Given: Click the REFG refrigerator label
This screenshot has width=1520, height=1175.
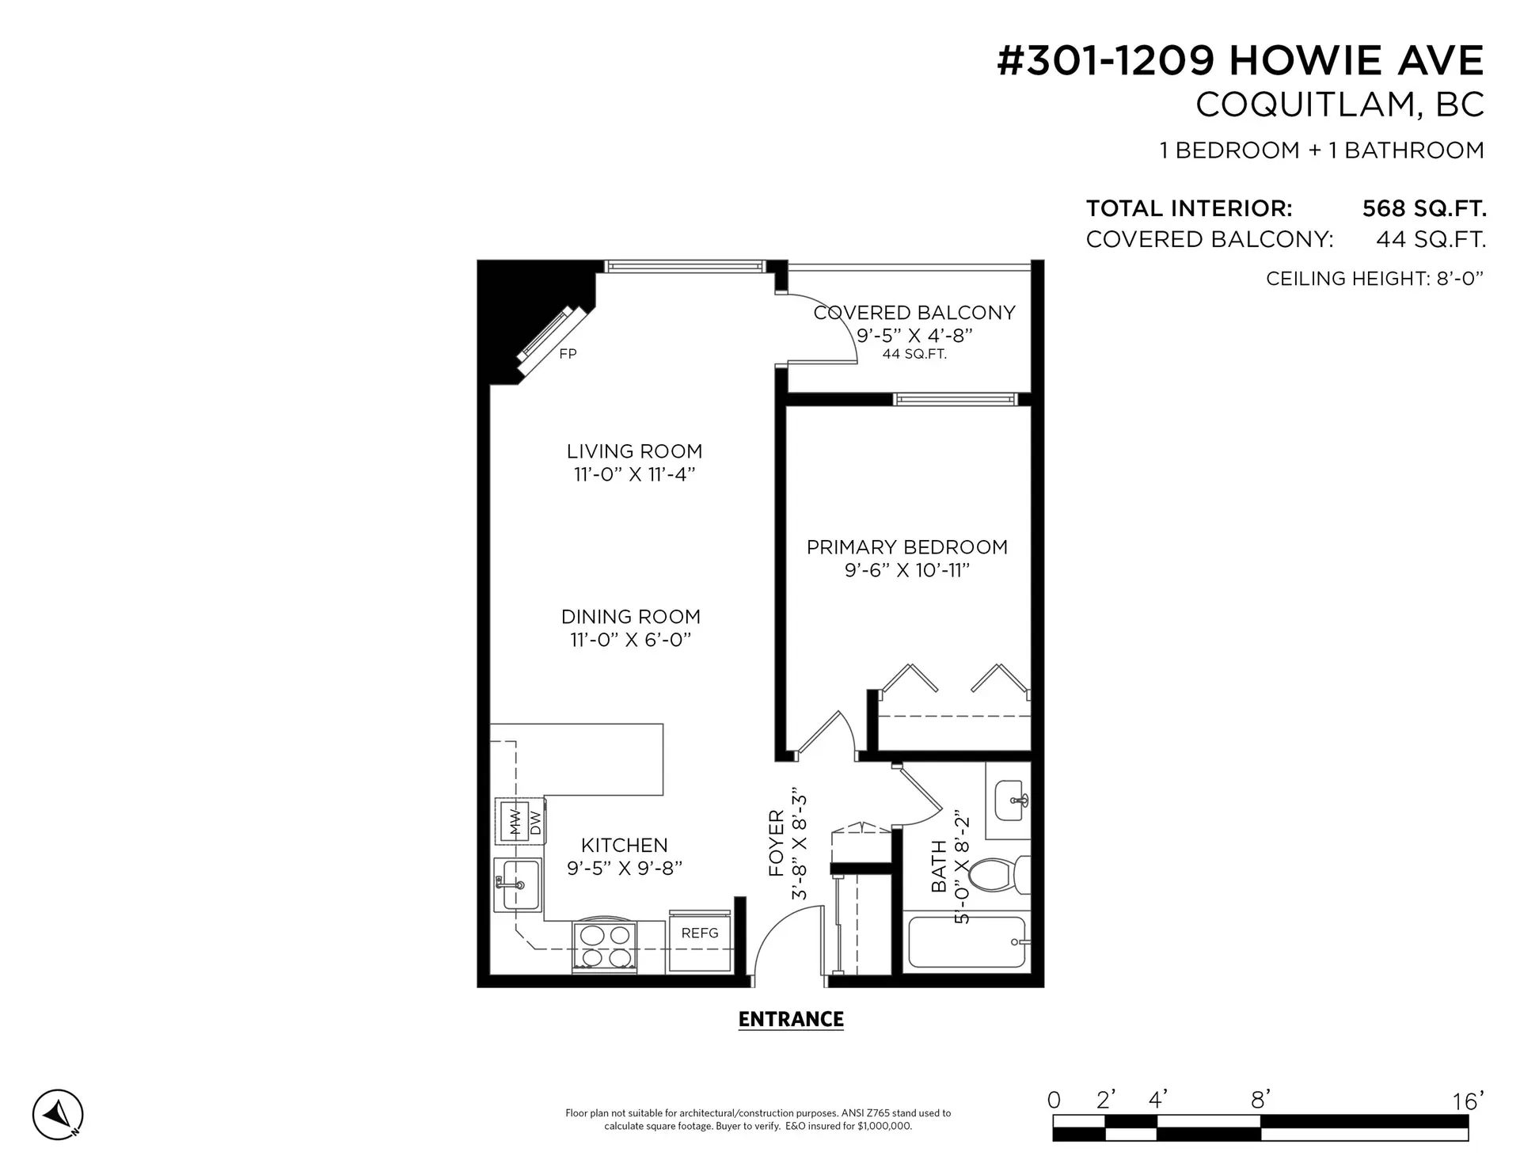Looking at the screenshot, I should tap(699, 933).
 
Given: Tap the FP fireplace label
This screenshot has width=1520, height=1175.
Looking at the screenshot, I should tap(568, 354).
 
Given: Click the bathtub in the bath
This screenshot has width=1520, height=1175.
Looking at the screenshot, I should tap(966, 942).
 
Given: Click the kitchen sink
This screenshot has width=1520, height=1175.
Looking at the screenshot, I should tap(518, 884).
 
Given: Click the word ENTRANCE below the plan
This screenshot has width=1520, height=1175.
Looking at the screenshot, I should tap(790, 1019).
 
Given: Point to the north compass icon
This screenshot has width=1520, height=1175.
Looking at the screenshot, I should tap(58, 1115).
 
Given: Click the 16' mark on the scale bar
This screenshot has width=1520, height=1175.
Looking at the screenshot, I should tap(1467, 1101).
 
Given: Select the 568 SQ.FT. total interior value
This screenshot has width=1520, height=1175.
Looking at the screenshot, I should tap(1423, 208).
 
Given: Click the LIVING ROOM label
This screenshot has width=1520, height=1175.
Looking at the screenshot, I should tap(634, 451).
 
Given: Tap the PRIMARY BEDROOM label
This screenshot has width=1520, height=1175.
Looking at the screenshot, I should tap(906, 547).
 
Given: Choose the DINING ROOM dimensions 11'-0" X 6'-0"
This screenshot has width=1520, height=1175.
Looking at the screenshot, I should tap(631, 640).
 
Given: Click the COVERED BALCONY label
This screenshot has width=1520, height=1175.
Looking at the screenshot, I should tap(914, 313).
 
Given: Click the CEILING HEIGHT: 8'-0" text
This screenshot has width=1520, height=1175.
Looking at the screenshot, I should tap(1374, 279).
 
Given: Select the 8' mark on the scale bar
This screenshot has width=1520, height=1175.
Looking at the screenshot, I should tap(1260, 1099).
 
